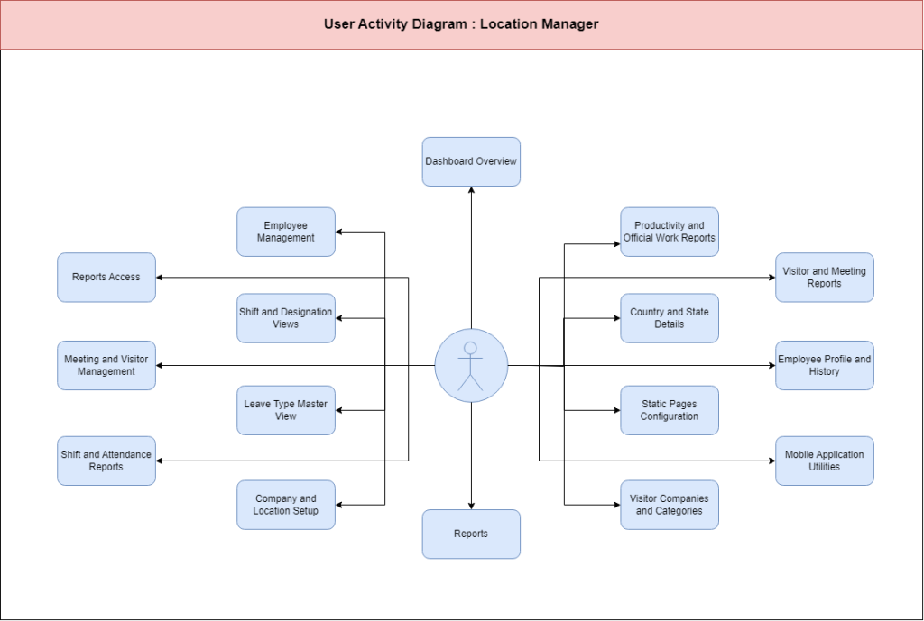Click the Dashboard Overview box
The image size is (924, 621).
[x=471, y=162]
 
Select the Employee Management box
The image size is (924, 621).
[x=286, y=232]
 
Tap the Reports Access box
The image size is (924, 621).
[x=106, y=278]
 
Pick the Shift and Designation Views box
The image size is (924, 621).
[x=286, y=318]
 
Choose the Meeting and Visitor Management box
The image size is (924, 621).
[x=106, y=366]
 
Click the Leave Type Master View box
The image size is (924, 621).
[x=286, y=410]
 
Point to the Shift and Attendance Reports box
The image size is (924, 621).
[x=106, y=461]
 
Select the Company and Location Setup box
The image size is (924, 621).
[x=286, y=505]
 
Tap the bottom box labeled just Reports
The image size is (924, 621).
[x=471, y=534]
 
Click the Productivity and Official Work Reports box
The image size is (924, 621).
[x=670, y=232]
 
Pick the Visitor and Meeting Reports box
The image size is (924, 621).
[x=825, y=278]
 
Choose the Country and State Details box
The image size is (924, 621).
[x=670, y=318]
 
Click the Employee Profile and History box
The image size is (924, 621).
[x=825, y=366]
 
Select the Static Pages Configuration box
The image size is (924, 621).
[x=670, y=410]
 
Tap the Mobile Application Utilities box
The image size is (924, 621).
[x=825, y=461]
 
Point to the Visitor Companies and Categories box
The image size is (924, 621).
[x=670, y=505]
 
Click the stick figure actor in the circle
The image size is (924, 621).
[x=470, y=366]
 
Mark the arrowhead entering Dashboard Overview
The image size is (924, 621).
[x=471, y=190]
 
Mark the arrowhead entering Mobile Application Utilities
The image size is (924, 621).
[x=772, y=461]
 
